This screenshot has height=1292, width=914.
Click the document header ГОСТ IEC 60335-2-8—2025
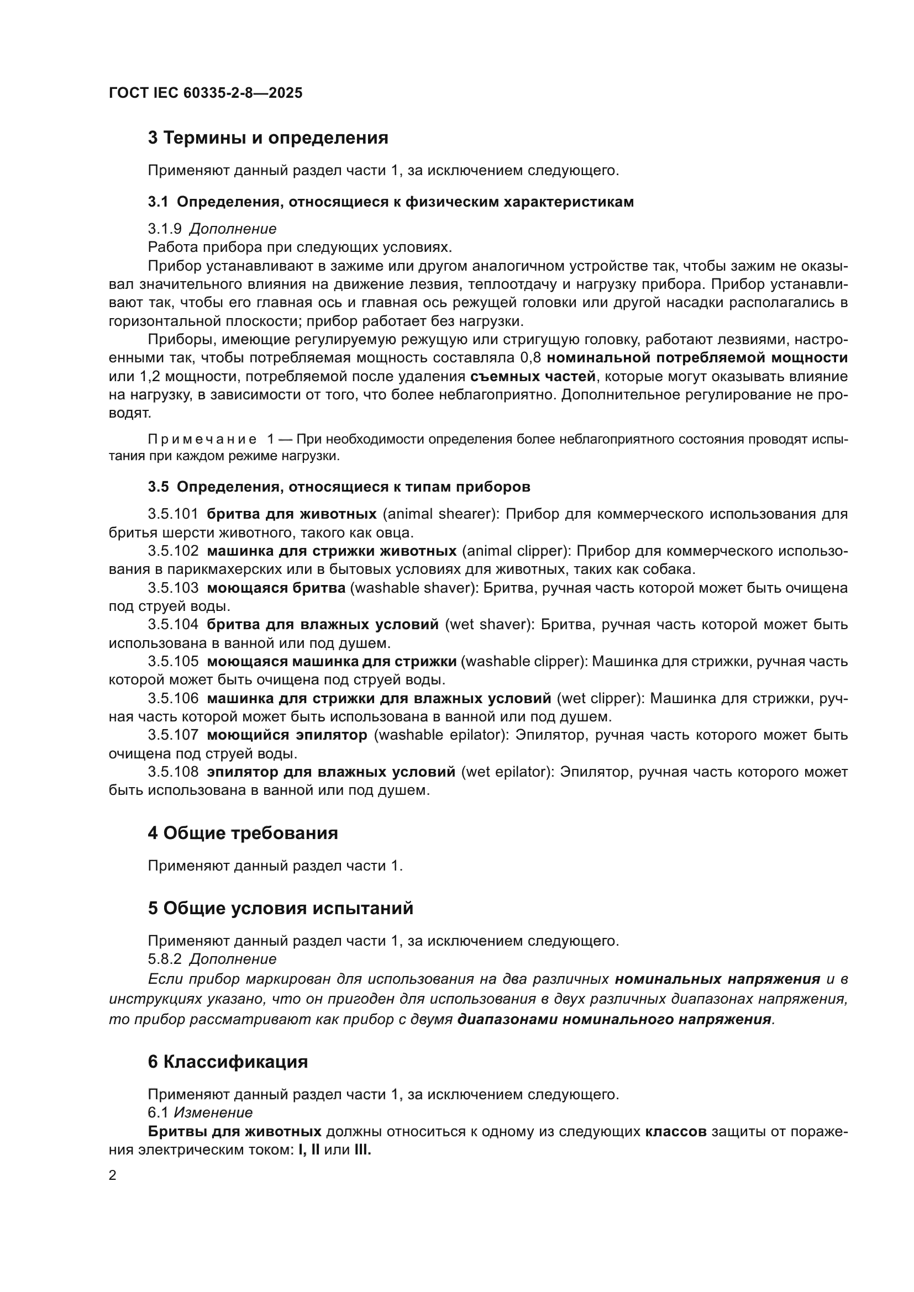tap(206, 93)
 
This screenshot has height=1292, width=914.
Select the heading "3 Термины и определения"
tap(268, 138)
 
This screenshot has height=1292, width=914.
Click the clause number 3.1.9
tap(165, 229)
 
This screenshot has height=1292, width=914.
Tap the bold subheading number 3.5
tap(158, 487)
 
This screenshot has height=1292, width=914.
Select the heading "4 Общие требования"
tap(243, 834)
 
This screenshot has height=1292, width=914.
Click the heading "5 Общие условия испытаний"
tap(280, 908)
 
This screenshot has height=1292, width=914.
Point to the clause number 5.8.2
tap(165, 959)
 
